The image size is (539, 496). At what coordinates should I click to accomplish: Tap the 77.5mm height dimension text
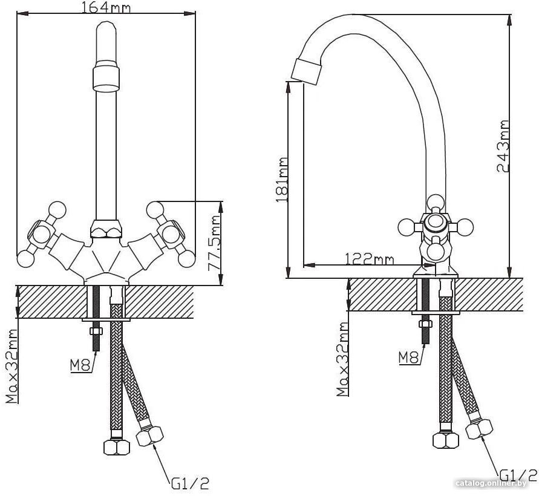pyautogui.click(x=215, y=243)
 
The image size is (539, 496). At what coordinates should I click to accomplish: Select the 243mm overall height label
pyautogui.click(x=503, y=146)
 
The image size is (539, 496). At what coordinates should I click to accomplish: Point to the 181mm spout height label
pyautogui.click(x=282, y=180)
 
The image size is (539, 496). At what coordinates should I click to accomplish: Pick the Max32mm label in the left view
pyautogui.click(x=11, y=366)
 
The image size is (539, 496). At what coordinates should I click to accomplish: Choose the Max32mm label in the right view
pyautogui.click(x=342, y=359)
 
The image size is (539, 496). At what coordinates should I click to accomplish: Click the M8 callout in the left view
pyautogui.click(x=80, y=365)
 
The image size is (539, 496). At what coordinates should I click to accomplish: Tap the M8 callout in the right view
pyautogui.click(x=409, y=357)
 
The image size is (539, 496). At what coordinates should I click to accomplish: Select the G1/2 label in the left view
pyautogui.click(x=190, y=483)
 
